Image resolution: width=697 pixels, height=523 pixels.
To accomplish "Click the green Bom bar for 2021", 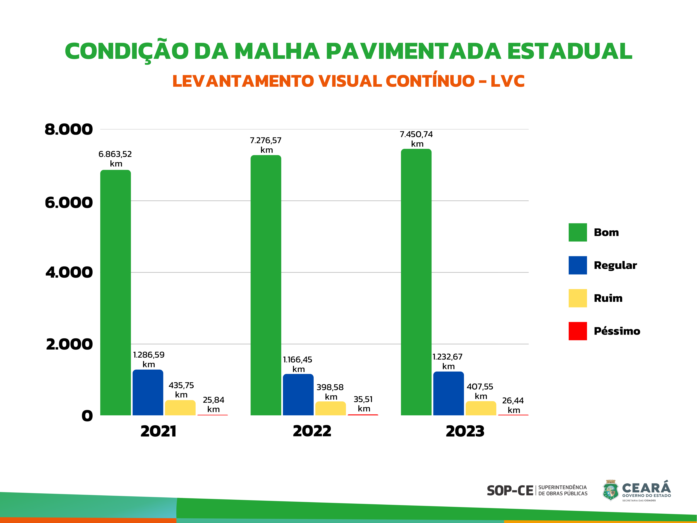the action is (115, 292).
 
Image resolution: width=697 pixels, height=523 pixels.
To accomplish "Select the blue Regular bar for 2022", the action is (298, 395).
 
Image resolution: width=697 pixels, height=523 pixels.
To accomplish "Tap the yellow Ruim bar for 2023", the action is (481, 408).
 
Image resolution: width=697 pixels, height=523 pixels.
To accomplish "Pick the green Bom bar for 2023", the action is (416, 282).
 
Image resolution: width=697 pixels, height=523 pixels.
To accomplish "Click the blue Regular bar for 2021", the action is (148, 392).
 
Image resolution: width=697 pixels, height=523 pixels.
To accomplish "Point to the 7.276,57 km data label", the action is (266, 145).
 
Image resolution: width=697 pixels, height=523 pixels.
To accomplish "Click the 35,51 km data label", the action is (363, 404).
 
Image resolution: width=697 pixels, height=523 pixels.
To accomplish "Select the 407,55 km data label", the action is (480, 391).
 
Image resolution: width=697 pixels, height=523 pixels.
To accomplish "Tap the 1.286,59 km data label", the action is (149, 359).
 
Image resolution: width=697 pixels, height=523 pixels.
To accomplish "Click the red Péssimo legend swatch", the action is (578, 331).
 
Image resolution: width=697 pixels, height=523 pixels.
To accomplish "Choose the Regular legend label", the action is (615, 265).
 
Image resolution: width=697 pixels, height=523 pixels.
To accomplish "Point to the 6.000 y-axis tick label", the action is (69, 202).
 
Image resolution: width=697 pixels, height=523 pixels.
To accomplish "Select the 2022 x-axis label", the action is (312, 431).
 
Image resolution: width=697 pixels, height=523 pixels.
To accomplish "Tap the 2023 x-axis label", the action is (465, 431).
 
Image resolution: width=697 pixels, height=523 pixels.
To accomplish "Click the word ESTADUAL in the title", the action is (569, 51).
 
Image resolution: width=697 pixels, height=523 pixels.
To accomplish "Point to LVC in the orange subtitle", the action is (507, 81).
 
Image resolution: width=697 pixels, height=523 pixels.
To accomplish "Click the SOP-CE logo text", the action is (510, 491).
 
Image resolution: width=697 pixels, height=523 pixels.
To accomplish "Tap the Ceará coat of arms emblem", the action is (610, 491).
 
